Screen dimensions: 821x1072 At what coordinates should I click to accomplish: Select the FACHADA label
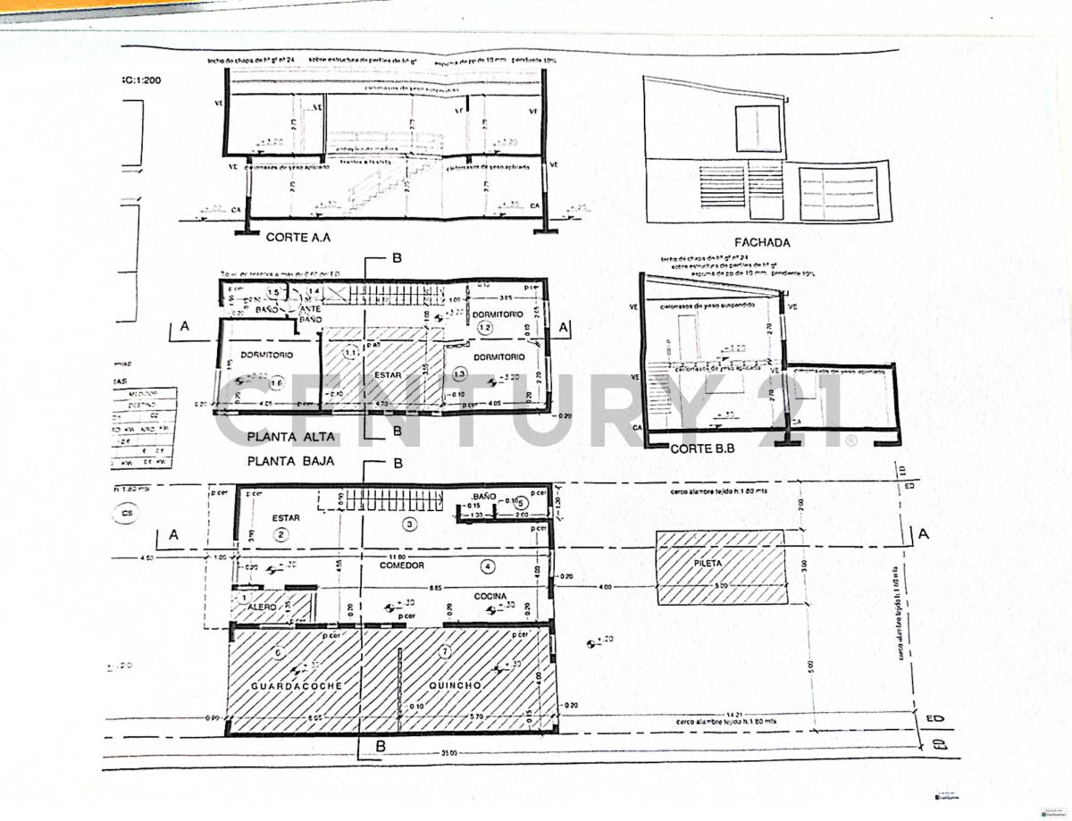pyautogui.click(x=761, y=241)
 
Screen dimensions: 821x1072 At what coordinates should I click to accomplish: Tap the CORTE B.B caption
pyautogui.click(x=701, y=449)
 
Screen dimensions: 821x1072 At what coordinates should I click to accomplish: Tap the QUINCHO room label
pyautogui.click(x=456, y=685)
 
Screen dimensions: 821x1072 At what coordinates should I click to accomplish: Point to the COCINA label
pyautogui.click(x=490, y=596)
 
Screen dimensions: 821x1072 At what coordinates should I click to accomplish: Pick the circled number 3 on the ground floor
pyautogui.click(x=410, y=524)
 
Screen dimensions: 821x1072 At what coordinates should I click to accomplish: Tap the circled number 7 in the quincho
pyautogui.click(x=445, y=652)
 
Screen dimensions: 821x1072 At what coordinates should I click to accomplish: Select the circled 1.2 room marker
pyautogui.click(x=486, y=329)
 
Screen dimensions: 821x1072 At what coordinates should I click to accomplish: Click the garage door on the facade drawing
pyautogui.click(x=837, y=193)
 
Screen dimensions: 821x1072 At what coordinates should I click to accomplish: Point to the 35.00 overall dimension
pyautogui.click(x=449, y=753)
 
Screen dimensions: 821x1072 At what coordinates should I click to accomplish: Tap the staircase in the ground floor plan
pyautogui.click(x=393, y=498)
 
